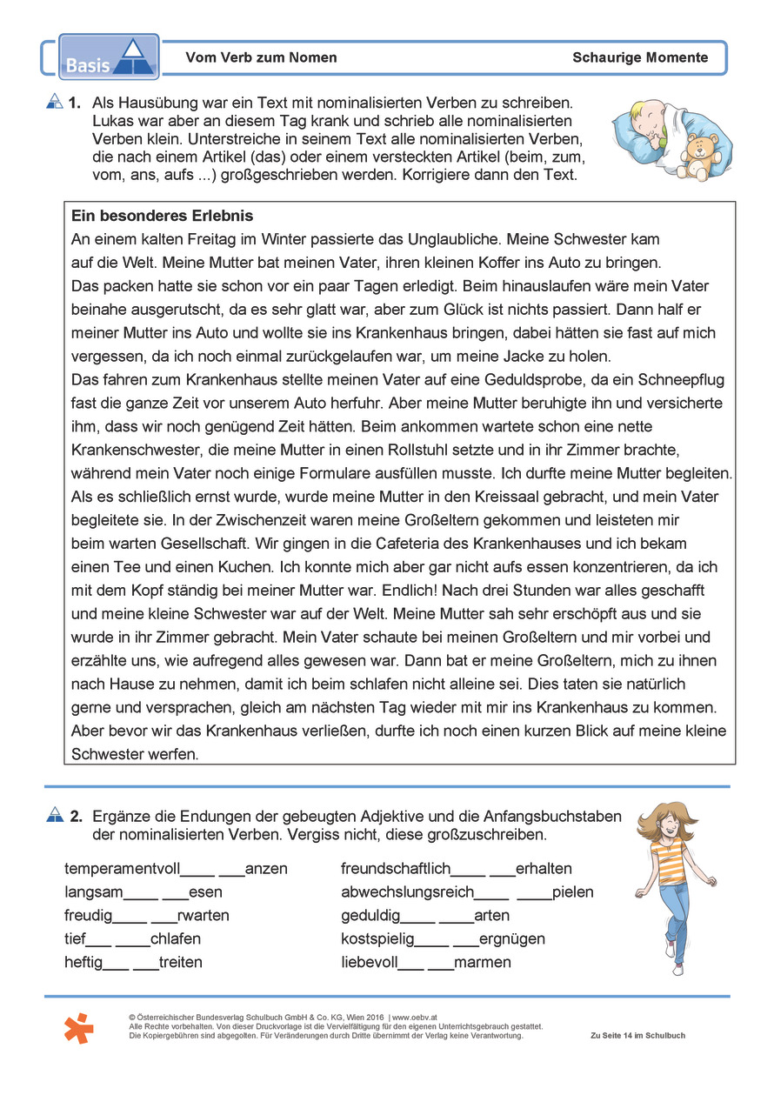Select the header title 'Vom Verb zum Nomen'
point(261,58)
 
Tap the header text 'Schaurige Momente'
point(640,58)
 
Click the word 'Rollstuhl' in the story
point(427,451)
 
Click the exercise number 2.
point(77,816)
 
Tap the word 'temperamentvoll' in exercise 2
point(122,868)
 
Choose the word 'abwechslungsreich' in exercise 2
point(407,891)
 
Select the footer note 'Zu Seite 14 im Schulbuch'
point(637,1036)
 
